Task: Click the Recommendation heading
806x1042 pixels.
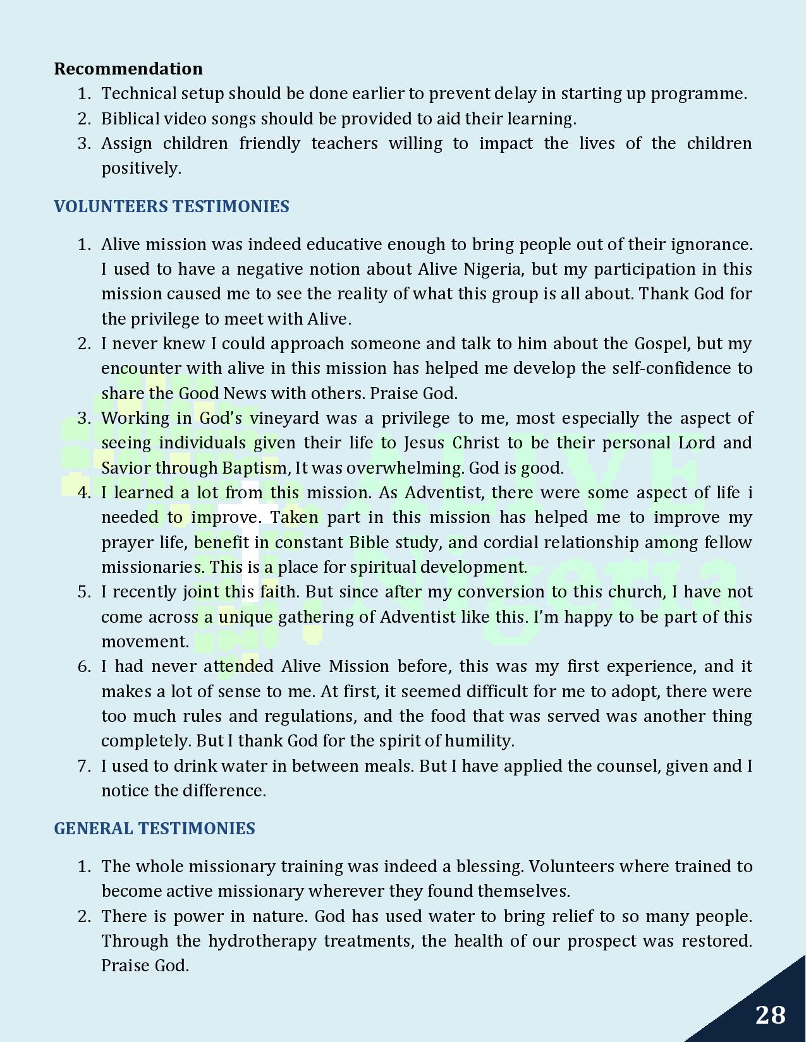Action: [x=128, y=68]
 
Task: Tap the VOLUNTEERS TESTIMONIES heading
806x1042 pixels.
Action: [x=171, y=207]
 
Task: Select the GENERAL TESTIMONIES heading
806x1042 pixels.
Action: [x=154, y=829]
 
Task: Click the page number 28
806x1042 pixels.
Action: [x=770, y=1015]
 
